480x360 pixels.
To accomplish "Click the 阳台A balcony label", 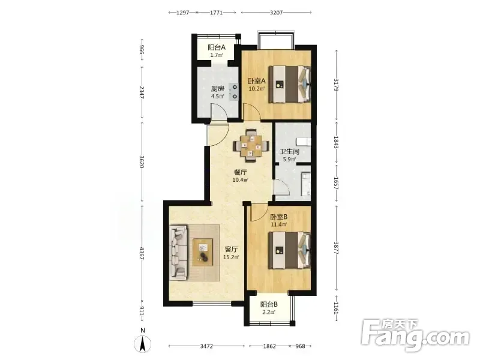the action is point(217,47).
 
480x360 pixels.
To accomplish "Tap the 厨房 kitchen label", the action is point(217,89).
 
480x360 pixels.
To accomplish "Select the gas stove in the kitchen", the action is point(234,92).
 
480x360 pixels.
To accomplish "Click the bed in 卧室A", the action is point(290,84).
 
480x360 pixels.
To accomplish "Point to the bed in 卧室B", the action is point(290,250).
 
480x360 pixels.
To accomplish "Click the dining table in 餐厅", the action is point(251,146).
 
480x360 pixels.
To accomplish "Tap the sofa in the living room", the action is point(179,253).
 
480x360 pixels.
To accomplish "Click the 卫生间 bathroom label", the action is point(289,152).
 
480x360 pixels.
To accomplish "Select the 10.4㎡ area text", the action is point(240,179).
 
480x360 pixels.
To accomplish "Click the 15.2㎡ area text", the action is point(231,257).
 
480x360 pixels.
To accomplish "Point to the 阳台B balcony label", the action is point(269,305).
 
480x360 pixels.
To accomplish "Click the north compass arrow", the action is point(143,343).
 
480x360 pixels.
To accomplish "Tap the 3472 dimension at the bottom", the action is point(206,346).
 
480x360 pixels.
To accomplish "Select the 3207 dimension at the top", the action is point(277,13).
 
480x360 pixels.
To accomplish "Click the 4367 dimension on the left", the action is point(142,253).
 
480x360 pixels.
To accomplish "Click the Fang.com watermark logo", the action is point(415,335).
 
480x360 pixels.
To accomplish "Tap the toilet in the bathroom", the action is point(303,142).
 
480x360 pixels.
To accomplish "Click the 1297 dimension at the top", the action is point(183,13).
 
